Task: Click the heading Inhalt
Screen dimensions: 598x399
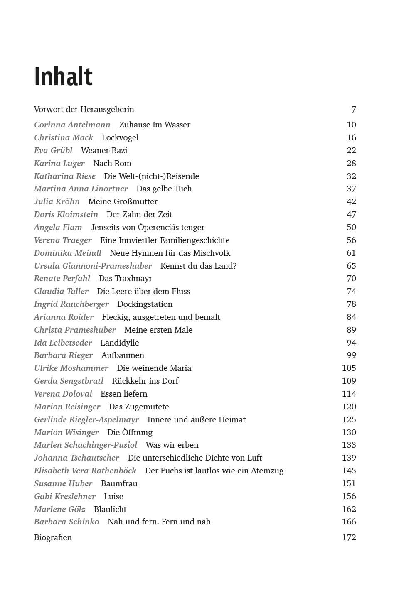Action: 63,76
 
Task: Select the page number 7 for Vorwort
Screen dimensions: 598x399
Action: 354,110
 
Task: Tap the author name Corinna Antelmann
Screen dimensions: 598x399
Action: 72,125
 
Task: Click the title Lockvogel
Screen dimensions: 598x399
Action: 120,137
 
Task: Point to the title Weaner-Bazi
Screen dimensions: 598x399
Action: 104,150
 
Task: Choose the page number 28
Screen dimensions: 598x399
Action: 351,163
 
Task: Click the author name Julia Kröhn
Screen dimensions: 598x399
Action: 57,202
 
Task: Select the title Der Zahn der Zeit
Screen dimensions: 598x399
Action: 139,215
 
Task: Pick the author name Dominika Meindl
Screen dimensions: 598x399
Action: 68,253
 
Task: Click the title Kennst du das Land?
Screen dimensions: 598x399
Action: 198,266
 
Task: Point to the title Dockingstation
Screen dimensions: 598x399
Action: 145,304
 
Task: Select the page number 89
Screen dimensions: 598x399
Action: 351,330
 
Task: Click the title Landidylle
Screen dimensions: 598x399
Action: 120,343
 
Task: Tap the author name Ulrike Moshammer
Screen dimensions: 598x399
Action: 71,368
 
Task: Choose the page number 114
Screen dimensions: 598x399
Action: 349,394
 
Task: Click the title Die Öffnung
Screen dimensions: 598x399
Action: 130,432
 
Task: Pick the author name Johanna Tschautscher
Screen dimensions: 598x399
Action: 76,458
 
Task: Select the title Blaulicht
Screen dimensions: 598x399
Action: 110,509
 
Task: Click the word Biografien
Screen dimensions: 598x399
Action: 53,537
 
